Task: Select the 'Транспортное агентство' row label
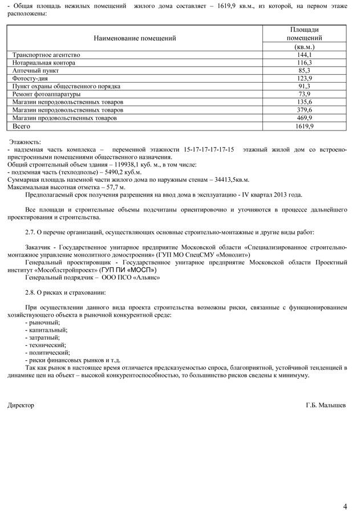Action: (46, 55)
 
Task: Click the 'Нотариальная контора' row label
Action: (44, 63)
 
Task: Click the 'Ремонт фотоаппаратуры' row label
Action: (46, 94)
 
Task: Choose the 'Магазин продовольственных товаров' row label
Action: (64, 117)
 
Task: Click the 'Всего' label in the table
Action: (21, 126)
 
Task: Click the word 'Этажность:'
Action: (25, 141)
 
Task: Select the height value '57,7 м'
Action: (113, 187)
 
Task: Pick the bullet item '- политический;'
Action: (48, 353)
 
